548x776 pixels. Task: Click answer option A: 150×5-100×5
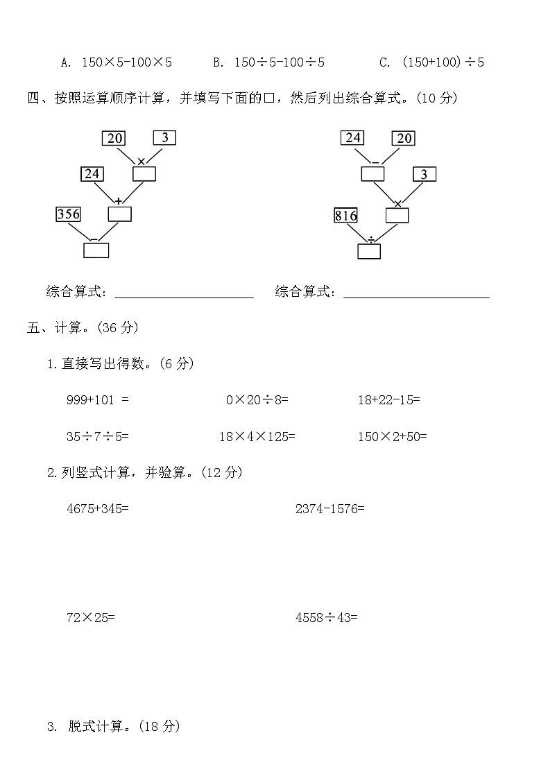point(117,62)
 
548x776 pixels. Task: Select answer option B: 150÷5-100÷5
point(269,62)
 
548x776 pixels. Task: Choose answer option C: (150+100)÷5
point(431,62)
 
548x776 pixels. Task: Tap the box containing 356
point(68,214)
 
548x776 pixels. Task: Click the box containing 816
point(345,215)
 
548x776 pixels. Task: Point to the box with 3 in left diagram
point(165,137)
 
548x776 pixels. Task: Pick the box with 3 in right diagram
point(425,174)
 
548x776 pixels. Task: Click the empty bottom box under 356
point(96,250)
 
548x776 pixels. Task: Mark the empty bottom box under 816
point(369,252)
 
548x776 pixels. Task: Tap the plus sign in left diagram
point(119,201)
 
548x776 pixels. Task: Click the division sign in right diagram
point(371,239)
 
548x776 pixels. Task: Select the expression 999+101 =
point(98,400)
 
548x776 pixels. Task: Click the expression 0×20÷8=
point(257,400)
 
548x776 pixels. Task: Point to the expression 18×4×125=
point(257,436)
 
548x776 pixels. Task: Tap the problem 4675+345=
point(98,509)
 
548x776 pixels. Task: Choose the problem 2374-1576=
point(329,509)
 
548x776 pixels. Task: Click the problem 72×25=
point(91,618)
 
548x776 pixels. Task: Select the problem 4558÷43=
point(326,618)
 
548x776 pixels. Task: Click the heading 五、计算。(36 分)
point(83,327)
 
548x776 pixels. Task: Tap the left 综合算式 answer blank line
point(184,298)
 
